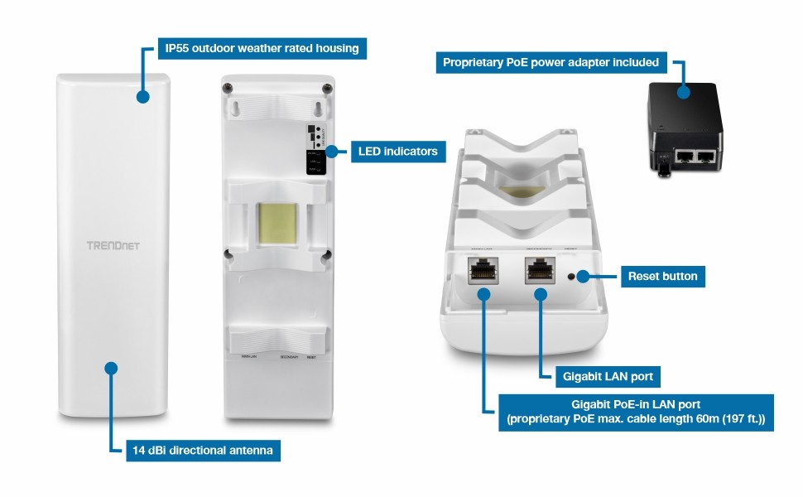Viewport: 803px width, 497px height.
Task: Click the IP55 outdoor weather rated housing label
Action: click(262, 48)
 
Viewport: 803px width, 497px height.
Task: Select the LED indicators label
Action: click(398, 152)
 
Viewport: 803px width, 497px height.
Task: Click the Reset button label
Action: click(662, 276)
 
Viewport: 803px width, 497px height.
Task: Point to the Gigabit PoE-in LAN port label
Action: click(636, 413)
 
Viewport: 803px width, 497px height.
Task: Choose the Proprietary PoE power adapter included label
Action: click(551, 62)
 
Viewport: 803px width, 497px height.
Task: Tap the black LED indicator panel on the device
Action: click(315, 150)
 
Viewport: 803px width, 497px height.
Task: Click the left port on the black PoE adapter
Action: click(686, 155)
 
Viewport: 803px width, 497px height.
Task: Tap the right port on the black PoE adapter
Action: click(706, 155)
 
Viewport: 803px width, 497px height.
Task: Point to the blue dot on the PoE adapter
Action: click(684, 92)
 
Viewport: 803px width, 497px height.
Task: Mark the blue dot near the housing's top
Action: click(143, 97)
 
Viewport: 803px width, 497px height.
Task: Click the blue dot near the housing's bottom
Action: click(112, 368)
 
